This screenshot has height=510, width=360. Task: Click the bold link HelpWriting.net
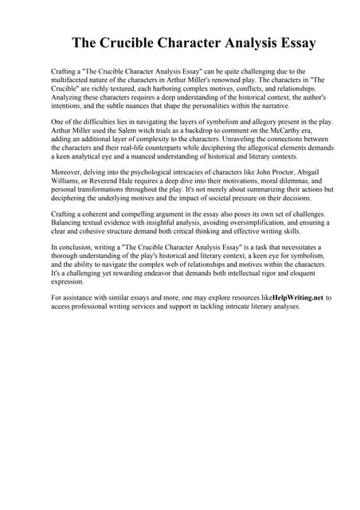[x=297, y=297]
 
